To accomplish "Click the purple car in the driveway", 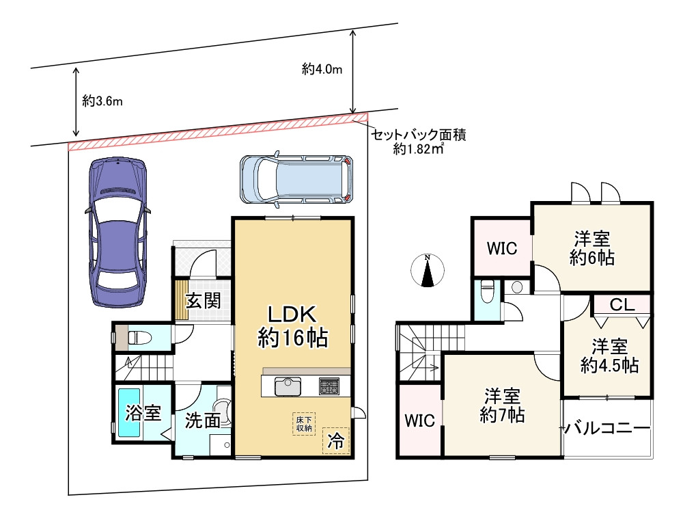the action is [x=117, y=232].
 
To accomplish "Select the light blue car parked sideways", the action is [x=296, y=179].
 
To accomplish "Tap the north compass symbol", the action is [x=428, y=270].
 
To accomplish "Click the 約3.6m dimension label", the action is [x=102, y=101].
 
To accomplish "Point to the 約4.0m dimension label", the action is [x=322, y=69].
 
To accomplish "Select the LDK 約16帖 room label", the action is [x=293, y=325].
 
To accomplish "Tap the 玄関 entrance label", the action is [x=204, y=301].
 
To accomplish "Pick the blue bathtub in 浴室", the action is [x=129, y=413].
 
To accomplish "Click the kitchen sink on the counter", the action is [x=288, y=386].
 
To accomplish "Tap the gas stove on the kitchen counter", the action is [x=329, y=386].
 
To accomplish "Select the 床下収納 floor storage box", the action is [x=304, y=423].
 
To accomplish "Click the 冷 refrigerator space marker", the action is [x=335, y=440].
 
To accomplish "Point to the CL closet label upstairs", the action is [x=622, y=304].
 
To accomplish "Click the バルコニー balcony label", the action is [x=607, y=429].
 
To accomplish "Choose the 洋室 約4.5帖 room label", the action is [x=609, y=356].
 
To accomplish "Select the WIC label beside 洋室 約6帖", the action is [x=502, y=249].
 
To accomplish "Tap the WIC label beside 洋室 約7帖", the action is [x=419, y=421].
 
